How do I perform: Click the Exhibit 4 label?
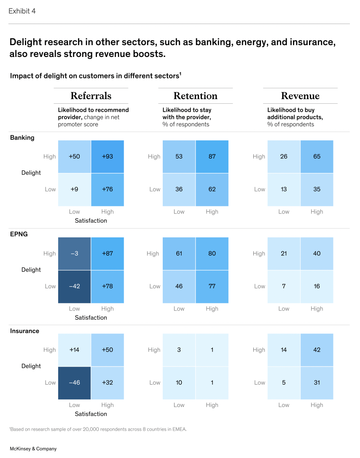pos(22,11)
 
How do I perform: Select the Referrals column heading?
pos(91,96)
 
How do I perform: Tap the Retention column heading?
pos(195,96)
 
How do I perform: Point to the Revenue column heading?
pos(300,96)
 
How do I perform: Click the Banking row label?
pos(22,137)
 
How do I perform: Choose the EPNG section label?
pos(19,234)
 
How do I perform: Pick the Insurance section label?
pos(24,331)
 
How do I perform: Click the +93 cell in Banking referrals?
pos(107,156)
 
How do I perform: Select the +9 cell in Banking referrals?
pos(74,189)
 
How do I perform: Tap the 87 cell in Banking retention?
pos(212,156)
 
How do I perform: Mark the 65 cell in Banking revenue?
pos(317,156)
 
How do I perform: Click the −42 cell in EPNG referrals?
pos(74,286)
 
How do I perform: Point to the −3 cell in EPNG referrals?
pos(74,253)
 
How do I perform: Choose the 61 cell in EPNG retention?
pos(179,253)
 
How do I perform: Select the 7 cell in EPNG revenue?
pos(284,286)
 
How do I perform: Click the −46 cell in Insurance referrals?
pos(74,383)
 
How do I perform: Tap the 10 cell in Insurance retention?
pos(179,383)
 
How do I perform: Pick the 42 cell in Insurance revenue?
pos(317,350)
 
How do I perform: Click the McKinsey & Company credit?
pos(33,449)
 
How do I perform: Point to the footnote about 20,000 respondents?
pos(98,429)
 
